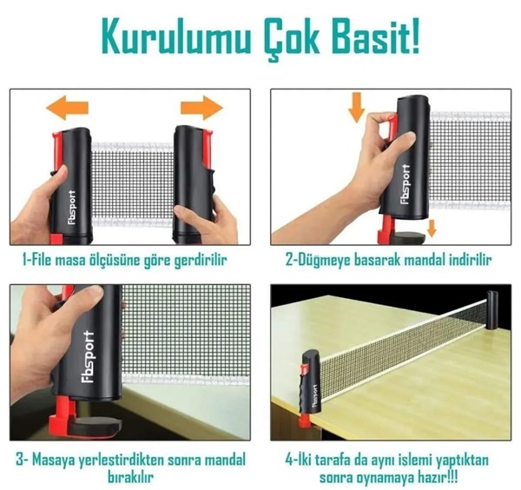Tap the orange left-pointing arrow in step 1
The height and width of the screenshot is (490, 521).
click(67, 108)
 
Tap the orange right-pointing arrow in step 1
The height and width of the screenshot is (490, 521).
click(201, 108)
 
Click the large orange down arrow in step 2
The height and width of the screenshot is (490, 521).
click(357, 108)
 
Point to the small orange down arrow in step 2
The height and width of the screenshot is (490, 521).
click(432, 228)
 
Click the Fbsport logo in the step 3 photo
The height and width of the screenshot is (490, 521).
click(88, 357)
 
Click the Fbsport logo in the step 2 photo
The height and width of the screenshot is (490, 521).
click(406, 184)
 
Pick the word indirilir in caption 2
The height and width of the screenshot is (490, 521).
click(470, 260)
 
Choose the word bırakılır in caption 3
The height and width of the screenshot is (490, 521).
click(130, 477)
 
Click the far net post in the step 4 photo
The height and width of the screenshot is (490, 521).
click(492, 310)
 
